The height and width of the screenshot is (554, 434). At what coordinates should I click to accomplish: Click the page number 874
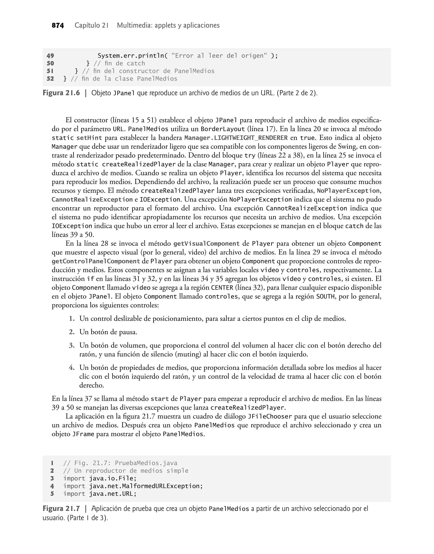[58, 25]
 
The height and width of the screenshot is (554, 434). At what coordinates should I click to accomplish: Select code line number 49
[50, 56]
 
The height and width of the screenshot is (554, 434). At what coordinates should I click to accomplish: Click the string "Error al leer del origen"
[219, 56]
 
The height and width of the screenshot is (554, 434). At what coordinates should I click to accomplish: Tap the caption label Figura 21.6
[61, 93]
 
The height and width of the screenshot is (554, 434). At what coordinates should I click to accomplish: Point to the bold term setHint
[89, 138]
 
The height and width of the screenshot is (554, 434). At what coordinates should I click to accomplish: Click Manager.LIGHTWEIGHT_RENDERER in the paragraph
[236, 138]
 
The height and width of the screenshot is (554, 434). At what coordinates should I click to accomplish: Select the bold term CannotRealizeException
[92, 200]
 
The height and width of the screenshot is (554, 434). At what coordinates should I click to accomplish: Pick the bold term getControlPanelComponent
[96, 261]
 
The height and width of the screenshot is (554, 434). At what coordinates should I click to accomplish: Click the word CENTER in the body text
[222, 288]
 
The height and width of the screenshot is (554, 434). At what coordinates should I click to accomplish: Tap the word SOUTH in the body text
[325, 297]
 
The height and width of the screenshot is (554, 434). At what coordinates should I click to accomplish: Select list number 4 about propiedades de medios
[72, 367]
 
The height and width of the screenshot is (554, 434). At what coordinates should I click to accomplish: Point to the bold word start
[160, 399]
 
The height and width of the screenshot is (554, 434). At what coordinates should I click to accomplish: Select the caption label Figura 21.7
[61, 509]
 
